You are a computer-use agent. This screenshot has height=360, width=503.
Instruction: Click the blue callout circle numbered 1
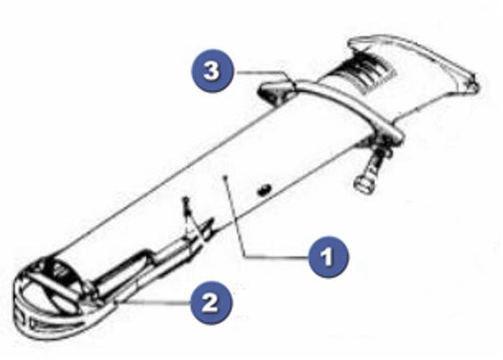[x=328, y=256]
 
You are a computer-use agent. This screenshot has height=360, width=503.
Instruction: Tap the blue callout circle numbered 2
[x=210, y=302]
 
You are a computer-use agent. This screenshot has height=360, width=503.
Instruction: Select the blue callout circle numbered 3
[x=211, y=70]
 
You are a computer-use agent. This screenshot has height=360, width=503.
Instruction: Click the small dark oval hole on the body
[x=265, y=190]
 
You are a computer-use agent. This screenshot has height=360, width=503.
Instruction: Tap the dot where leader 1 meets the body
[x=226, y=177]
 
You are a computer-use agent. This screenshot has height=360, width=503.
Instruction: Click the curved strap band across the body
[x=349, y=102]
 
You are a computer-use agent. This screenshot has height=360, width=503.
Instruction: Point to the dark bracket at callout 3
[x=276, y=91]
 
